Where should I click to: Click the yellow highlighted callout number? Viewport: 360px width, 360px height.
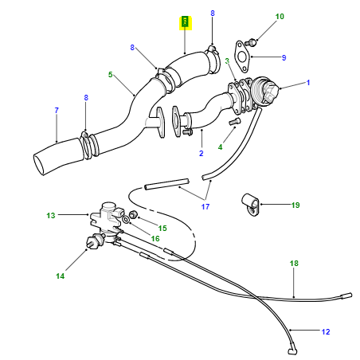[x=185, y=22]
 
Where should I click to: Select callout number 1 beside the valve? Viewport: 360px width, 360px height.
[x=307, y=83]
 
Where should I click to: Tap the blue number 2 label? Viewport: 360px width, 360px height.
[x=201, y=153]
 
